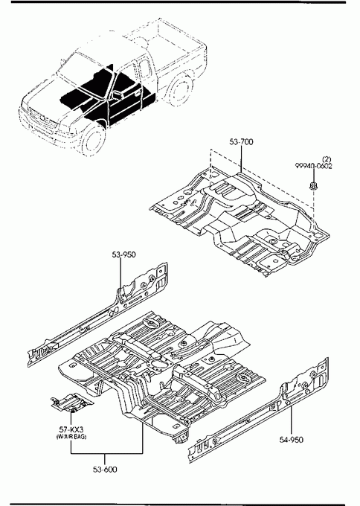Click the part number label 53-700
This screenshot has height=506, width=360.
click(x=241, y=141)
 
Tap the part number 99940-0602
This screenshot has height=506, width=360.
click(x=314, y=166)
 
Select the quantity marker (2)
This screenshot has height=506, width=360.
click(x=327, y=159)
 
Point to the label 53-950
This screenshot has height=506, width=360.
click(x=124, y=254)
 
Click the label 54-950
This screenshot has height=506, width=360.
click(x=292, y=440)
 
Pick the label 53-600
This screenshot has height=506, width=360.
click(x=105, y=470)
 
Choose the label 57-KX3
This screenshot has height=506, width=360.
click(x=71, y=429)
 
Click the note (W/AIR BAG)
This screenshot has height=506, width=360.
click(x=71, y=437)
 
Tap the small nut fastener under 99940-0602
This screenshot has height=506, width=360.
click(x=312, y=185)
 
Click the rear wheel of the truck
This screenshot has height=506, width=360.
click(x=180, y=91)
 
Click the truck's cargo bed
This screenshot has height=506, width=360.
click(x=168, y=45)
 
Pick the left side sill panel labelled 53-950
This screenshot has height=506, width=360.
click(x=97, y=315)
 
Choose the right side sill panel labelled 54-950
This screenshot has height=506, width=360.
click(x=258, y=411)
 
